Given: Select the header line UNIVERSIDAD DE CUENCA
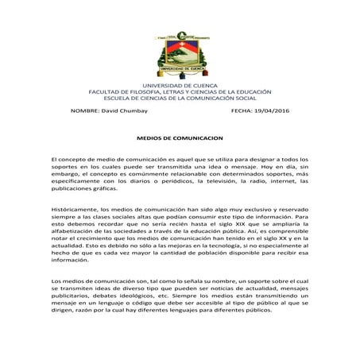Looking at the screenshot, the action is [180, 83].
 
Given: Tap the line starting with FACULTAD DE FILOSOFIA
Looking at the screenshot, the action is [180, 91].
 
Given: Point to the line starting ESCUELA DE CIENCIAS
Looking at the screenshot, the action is [180, 97].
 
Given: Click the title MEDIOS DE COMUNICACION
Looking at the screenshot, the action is [180, 137].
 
